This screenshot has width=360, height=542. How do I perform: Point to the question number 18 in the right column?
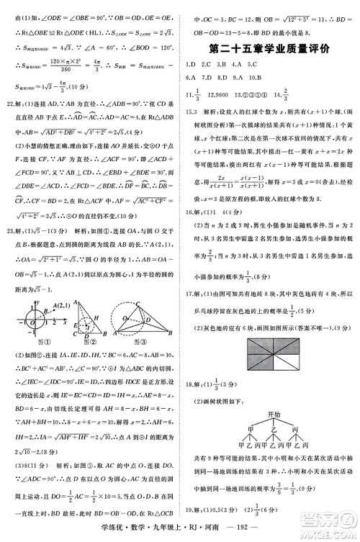tap(189, 385)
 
